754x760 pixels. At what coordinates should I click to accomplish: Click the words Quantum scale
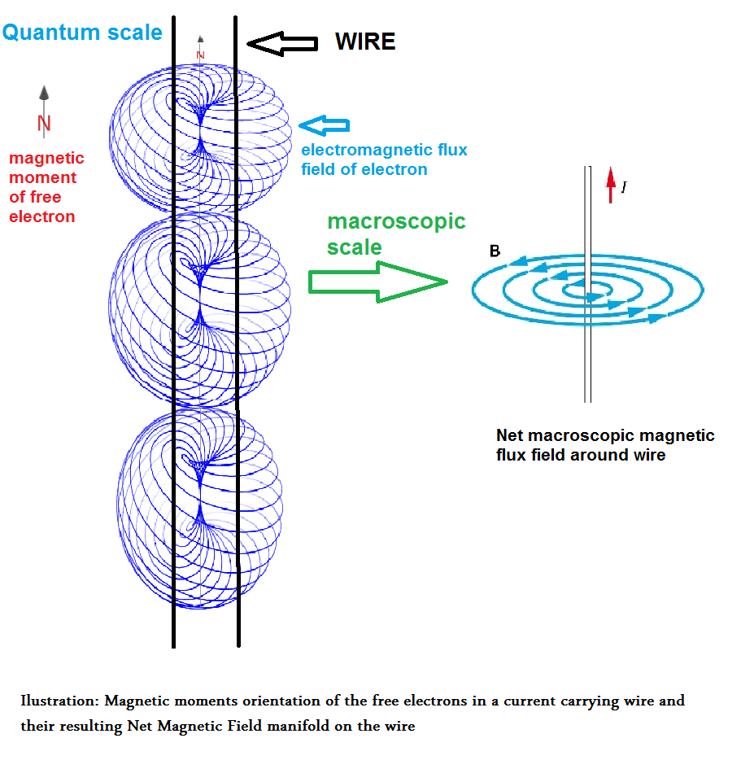click(x=82, y=33)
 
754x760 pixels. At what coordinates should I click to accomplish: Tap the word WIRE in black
click(x=365, y=42)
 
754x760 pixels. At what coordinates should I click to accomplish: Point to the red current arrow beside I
click(x=611, y=186)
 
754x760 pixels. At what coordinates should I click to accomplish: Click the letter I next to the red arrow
click(x=624, y=188)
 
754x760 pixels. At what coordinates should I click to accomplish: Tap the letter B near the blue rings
click(x=495, y=251)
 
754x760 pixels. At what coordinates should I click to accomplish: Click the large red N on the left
click(x=44, y=124)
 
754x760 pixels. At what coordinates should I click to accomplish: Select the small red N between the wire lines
click(x=200, y=55)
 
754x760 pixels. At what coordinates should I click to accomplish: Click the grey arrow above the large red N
click(x=44, y=97)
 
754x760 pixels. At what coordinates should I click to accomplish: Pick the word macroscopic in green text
click(x=396, y=222)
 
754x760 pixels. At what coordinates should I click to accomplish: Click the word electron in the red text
click(x=41, y=216)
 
